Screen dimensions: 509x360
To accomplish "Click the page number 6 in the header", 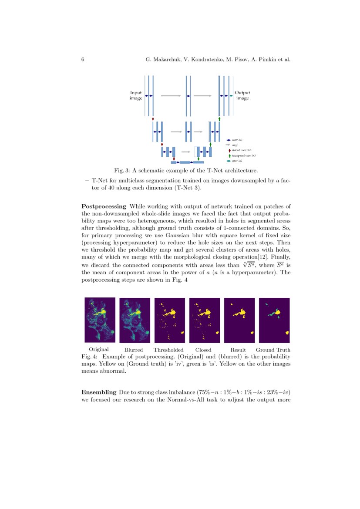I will point(83,59).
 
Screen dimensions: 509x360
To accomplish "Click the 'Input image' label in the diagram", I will point(136,95).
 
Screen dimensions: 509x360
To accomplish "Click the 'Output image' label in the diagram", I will point(242,95).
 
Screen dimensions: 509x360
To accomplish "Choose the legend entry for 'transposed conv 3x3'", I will point(243,155).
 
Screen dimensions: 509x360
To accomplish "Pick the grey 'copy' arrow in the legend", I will point(229,145).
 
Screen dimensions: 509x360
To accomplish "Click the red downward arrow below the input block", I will point(153,118).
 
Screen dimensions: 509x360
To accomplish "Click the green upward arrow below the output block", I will point(219,118).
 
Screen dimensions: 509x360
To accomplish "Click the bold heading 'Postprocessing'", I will point(104,206).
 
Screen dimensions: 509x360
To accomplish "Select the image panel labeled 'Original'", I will point(100,320).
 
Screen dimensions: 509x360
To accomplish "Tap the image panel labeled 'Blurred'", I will point(135,320).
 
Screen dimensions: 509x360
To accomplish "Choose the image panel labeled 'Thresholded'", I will point(170,320).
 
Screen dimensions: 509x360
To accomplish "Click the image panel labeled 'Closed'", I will point(205,320).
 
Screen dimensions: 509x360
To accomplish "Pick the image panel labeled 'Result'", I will point(239,320).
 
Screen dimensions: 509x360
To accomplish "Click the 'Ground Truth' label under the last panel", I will point(273,350).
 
